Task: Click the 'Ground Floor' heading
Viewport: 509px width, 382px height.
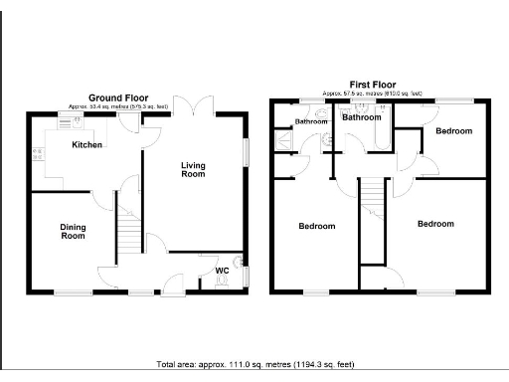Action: pyautogui.click(x=126, y=97)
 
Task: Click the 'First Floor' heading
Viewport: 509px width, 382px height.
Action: pyautogui.click(x=371, y=86)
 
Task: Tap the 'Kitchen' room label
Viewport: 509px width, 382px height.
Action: pyautogui.click(x=87, y=145)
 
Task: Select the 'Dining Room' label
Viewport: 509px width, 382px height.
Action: pyautogui.click(x=74, y=232)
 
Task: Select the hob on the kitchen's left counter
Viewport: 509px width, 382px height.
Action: pyautogui.click(x=38, y=154)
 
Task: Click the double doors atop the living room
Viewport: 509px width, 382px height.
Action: pyautogui.click(x=191, y=104)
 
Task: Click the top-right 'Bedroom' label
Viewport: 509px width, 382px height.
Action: pyautogui.click(x=453, y=131)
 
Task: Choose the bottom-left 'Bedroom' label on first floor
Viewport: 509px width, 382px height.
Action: pyautogui.click(x=317, y=227)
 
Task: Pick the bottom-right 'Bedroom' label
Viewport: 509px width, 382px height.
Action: pyautogui.click(x=435, y=224)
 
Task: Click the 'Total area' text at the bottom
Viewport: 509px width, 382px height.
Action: pyautogui.click(x=254, y=364)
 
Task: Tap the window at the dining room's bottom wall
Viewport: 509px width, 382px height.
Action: pyautogui.click(x=71, y=291)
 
